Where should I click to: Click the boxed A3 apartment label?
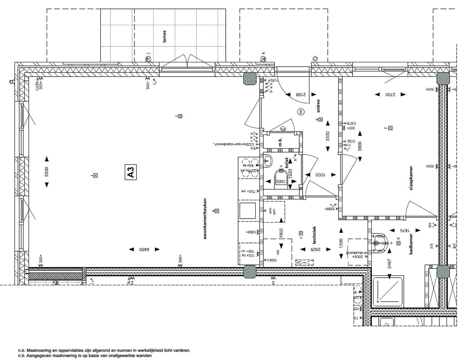[131, 172]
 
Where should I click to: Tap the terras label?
[164, 36]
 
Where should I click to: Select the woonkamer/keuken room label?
[205, 218]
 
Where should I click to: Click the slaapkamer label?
[411, 178]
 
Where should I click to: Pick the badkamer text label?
[411, 244]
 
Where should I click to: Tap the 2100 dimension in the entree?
[301, 94]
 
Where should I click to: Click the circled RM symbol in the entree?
[301, 111]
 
